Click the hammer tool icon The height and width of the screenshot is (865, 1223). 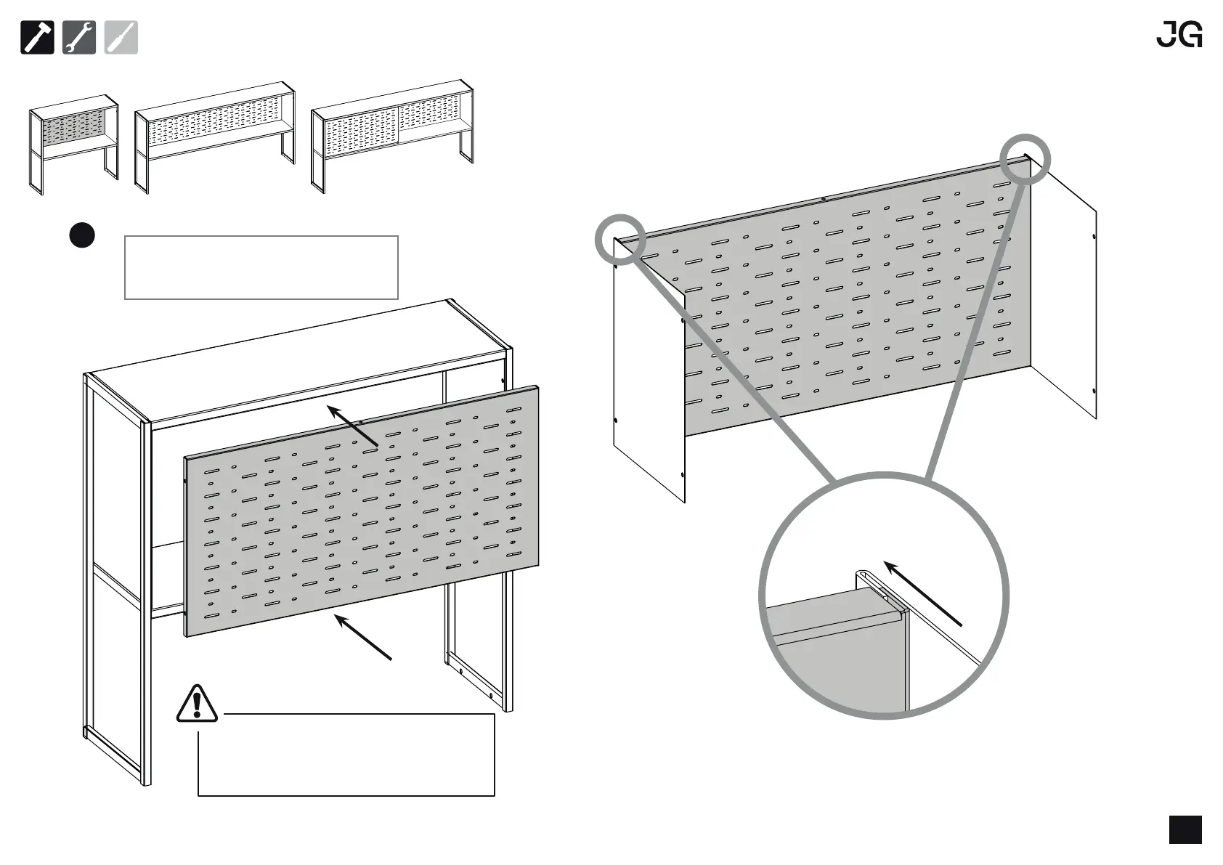point(37,38)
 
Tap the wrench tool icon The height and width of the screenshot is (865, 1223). point(79,38)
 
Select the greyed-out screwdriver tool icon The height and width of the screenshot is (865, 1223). point(121,38)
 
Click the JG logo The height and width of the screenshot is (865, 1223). point(1179,35)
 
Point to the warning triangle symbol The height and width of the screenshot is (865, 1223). point(197,704)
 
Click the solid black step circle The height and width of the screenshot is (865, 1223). point(82,235)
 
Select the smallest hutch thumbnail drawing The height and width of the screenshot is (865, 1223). point(74,143)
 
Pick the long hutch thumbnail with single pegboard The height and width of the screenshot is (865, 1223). point(215,136)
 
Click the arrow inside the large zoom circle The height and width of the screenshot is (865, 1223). point(922,592)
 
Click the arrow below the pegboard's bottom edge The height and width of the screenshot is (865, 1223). point(364,637)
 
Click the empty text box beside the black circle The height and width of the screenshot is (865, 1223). point(261,267)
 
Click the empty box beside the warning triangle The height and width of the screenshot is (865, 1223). point(346,755)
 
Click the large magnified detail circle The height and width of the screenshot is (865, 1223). point(884,596)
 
